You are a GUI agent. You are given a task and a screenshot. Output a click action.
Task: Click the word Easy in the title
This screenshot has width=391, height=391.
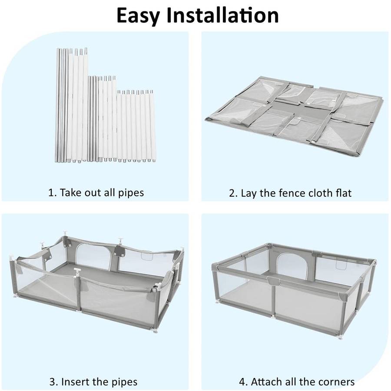coord(144,15)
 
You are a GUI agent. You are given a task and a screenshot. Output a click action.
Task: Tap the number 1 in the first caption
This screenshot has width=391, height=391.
coord(51,192)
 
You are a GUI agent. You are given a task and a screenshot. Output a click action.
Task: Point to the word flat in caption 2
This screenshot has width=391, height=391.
coord(341,192)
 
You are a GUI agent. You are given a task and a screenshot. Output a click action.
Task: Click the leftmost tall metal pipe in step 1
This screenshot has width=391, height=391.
coord(57,104)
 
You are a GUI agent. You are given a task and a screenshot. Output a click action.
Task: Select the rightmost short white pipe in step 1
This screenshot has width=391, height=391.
coord(152,126)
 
